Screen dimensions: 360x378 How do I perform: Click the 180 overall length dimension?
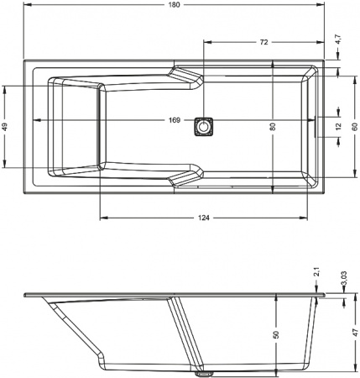tap(174, 5)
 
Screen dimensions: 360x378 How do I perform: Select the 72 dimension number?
tap(263, 42)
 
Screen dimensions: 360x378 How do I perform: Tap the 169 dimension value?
tap(174, 120)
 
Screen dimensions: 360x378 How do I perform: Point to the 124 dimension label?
tap(204, 218)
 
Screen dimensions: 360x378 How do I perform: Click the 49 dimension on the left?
tap(5, 127)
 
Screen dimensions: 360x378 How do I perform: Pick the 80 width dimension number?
tap(273, 127)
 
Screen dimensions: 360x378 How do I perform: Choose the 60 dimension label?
tap(355, 127)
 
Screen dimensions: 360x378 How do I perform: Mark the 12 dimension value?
tap(338, 127)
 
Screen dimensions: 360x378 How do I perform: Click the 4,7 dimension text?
tap(338, 39)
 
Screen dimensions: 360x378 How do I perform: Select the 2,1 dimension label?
tap(316, 272)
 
